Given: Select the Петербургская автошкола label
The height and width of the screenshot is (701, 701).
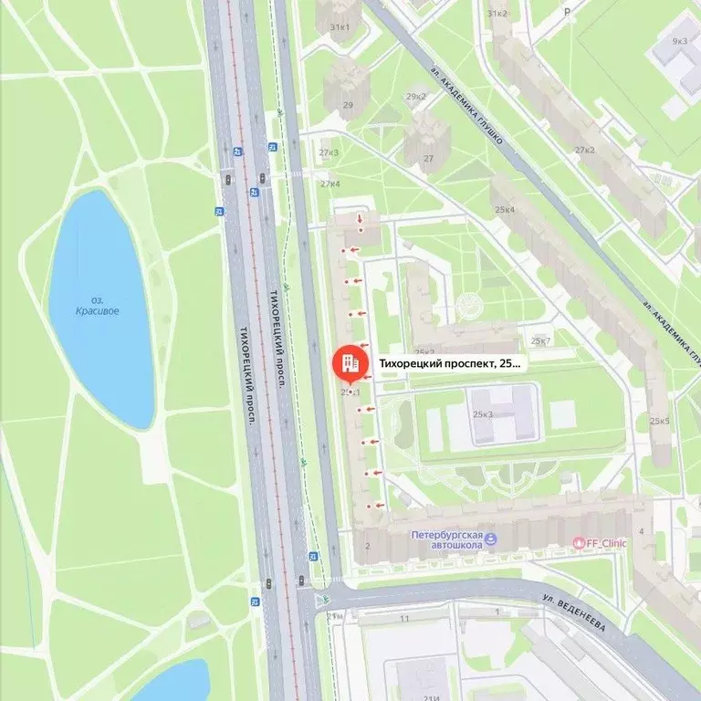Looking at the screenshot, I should point(445,539).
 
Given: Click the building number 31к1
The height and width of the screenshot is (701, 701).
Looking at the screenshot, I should point(340,27).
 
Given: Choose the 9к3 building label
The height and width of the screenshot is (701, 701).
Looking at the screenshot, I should point(679,41).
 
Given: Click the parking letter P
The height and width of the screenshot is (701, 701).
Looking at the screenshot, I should point(567,13).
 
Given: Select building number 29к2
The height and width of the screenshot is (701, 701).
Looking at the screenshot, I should point(416,97).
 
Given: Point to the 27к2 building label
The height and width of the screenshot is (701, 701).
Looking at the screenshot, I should point(584,150).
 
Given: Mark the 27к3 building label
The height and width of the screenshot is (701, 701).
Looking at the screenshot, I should point(330,152).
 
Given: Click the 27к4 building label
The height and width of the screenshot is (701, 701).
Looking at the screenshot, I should point(330,183).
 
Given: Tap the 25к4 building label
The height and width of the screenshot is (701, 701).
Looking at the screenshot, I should point(505,210).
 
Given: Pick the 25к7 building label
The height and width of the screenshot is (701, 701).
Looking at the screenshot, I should point(541,341).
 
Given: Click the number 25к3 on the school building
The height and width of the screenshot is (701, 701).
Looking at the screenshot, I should point(483,414).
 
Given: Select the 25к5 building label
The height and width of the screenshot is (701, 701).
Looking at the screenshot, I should point(659,422).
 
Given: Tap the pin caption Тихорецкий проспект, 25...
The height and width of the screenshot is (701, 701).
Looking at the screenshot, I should point(450,363).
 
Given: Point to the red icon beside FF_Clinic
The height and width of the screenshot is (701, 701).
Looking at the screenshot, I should point(577,543).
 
